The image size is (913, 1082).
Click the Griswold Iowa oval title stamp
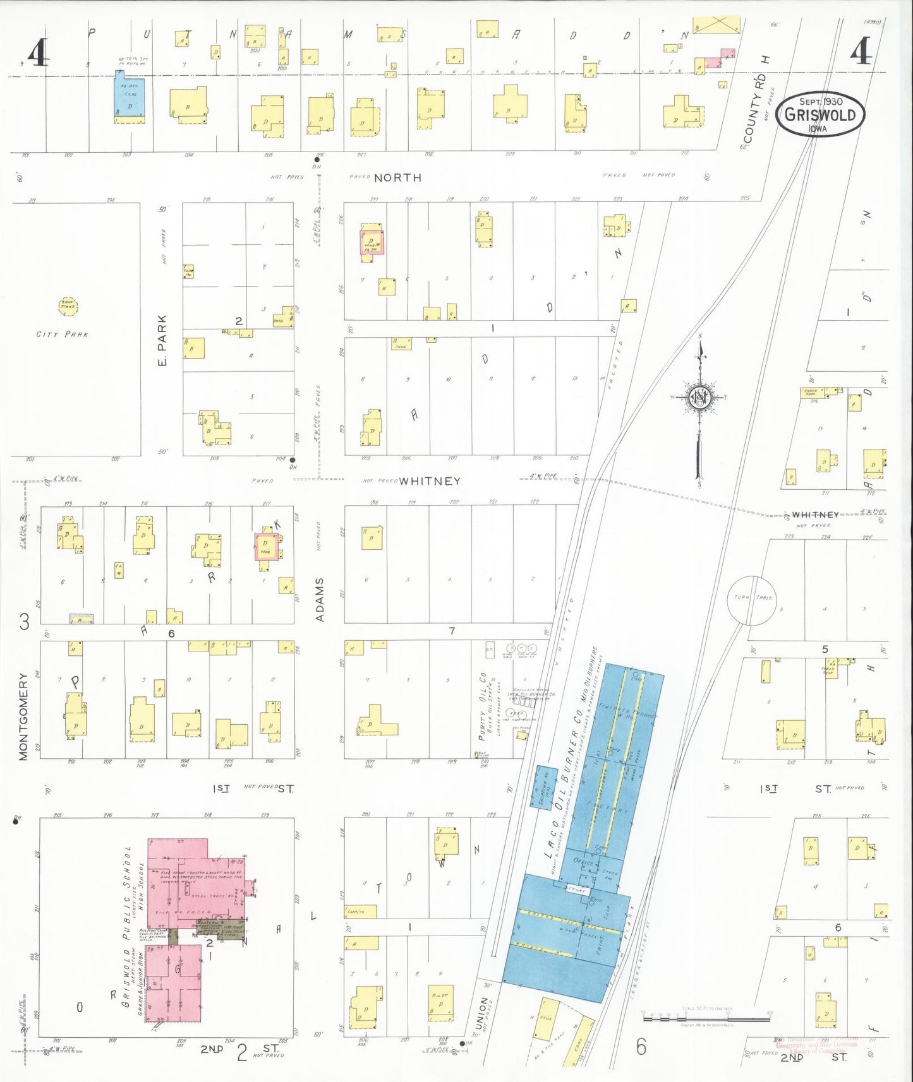point(820,114)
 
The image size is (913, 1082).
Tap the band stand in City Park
point(67,307)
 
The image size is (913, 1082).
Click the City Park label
point(62,334)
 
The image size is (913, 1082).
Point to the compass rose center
point(700,398)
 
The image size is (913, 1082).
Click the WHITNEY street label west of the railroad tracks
point(430,481)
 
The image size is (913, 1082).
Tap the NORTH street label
point(397,178)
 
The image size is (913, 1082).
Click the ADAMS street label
point(320,599)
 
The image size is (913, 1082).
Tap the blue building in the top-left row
point(130,97)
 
